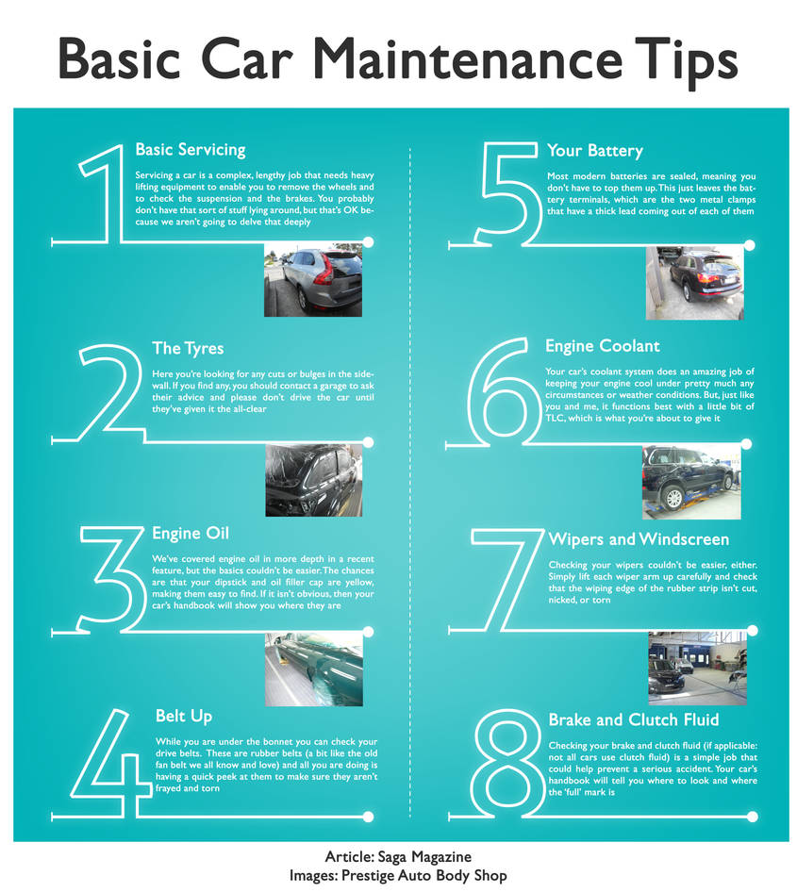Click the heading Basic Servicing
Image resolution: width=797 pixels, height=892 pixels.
coord(190,150)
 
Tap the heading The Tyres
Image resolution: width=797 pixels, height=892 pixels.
coord(188,349)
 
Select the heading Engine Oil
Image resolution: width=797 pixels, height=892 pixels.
coord(191,534)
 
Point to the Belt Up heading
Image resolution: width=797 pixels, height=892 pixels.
coord(183,717)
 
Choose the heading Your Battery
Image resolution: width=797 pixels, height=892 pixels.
coord(594,151)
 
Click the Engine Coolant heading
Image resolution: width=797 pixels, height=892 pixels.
coord(602,346)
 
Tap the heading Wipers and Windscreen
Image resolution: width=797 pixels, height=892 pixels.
coord(639,539)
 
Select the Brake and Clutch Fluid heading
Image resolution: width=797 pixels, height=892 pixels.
coord(634,719)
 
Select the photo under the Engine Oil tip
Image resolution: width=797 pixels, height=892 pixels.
coord(313,669)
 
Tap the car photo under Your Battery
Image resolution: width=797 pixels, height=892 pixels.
coord(694,284)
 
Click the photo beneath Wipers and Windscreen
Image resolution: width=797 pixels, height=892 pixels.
coord(697,668)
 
